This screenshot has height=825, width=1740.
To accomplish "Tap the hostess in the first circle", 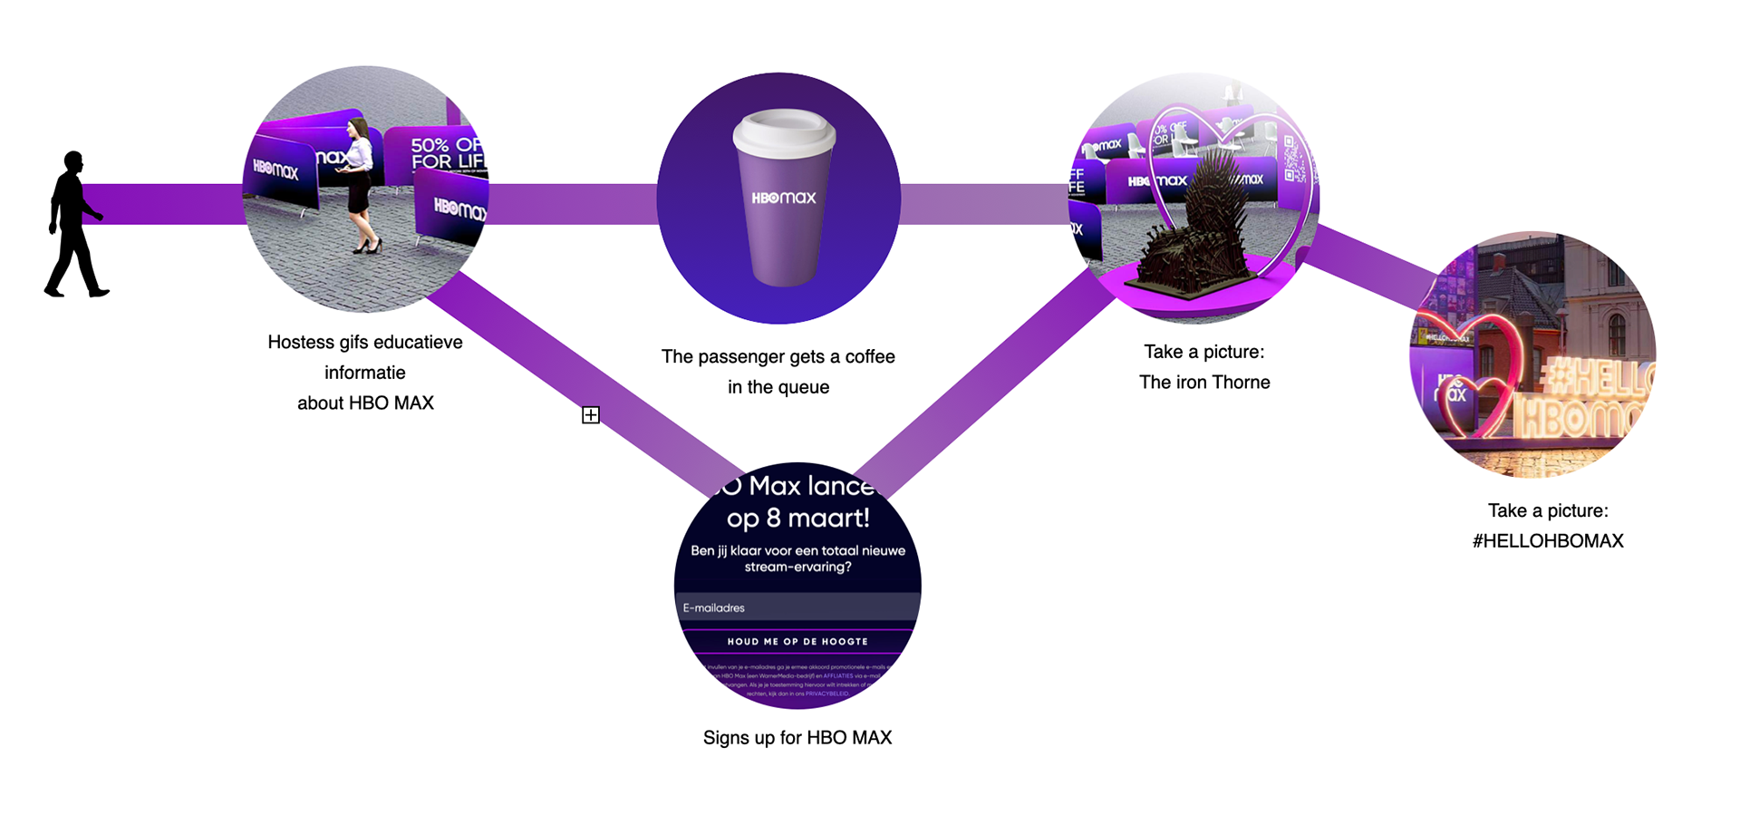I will [361, 181].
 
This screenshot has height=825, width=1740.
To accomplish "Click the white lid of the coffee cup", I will [783, 132].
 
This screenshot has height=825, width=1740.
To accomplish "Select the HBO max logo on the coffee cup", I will [784, 198].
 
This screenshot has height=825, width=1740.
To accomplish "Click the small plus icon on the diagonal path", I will [591, 415].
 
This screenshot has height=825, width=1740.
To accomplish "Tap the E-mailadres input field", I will [797, 607].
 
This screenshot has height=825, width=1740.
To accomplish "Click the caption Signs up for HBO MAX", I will [797, 738].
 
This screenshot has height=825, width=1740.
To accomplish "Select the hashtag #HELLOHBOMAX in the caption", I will [1548, 541].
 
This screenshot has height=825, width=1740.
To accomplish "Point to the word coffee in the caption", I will [870, 357].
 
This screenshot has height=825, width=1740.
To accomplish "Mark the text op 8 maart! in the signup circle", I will [797, 519].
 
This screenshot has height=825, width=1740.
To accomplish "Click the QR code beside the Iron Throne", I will [1293, 159].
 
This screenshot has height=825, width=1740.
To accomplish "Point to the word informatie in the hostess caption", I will [365, 373].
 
